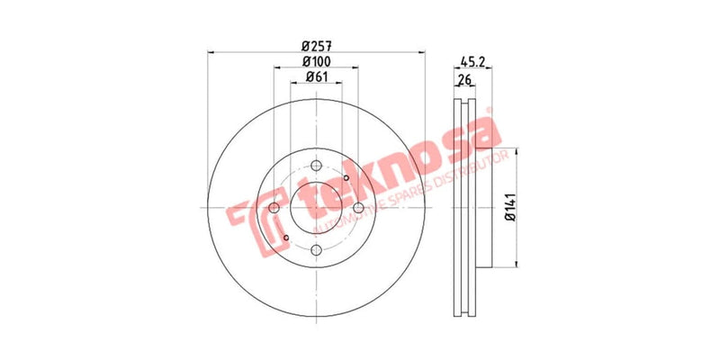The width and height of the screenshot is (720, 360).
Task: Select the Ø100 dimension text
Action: click(x=315, y=60)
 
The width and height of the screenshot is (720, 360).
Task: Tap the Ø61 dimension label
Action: click(x=315, y=76)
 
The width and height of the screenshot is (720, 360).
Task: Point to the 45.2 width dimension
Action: click(x=472, y=62)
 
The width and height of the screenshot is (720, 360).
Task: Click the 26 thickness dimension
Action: click(x=464, y=80)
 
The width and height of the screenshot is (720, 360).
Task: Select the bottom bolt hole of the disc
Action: click(x=316, y=251)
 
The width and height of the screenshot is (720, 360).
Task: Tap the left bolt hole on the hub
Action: click(x=274, y=208)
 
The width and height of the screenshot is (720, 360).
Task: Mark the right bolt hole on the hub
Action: click(x=358, y=208)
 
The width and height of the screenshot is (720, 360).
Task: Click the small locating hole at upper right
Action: click(x=346, y=178)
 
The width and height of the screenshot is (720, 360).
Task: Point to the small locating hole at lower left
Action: click(x=285, y=238)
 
